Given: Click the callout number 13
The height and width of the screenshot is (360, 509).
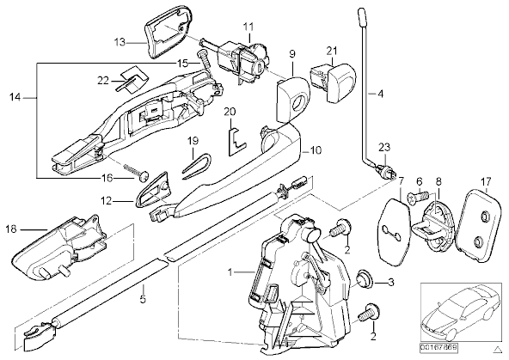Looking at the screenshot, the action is coord(120,42).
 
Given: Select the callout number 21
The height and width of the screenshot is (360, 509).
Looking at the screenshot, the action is coord(332,51).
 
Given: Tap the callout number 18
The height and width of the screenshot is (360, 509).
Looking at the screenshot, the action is coord(10,229).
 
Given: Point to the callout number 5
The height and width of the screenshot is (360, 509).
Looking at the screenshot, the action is coord(143,298).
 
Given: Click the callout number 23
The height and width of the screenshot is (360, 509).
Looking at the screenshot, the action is coord(384,148).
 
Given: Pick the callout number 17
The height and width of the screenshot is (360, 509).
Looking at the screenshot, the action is coord(487,180).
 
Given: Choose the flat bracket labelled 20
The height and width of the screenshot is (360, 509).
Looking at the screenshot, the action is coord(235,140).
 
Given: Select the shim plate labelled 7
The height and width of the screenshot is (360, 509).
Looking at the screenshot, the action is coord(395,230).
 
